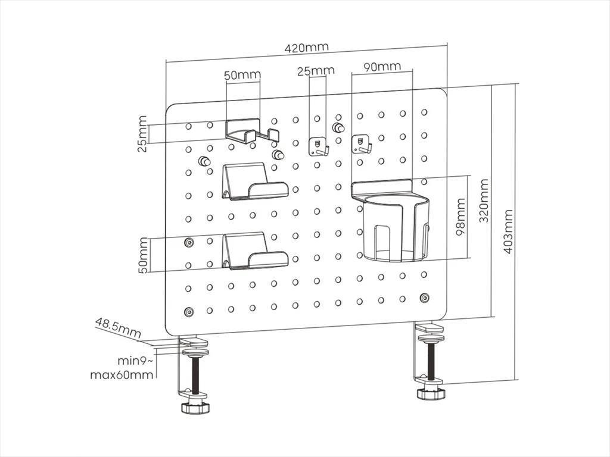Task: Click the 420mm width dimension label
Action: click(306, 47)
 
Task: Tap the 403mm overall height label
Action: click(508, 231)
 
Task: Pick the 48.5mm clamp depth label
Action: click(117, 328)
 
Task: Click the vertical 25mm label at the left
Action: click(142, 134)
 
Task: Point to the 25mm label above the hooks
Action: click(316, 71)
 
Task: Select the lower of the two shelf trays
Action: click(254, 252)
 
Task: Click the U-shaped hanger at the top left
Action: click(251, 132)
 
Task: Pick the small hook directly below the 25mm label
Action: click(319, 146)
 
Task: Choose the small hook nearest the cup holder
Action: click(362, 144)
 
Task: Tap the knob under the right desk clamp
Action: click(431, 394)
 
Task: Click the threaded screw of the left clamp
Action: click(195, 375)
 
